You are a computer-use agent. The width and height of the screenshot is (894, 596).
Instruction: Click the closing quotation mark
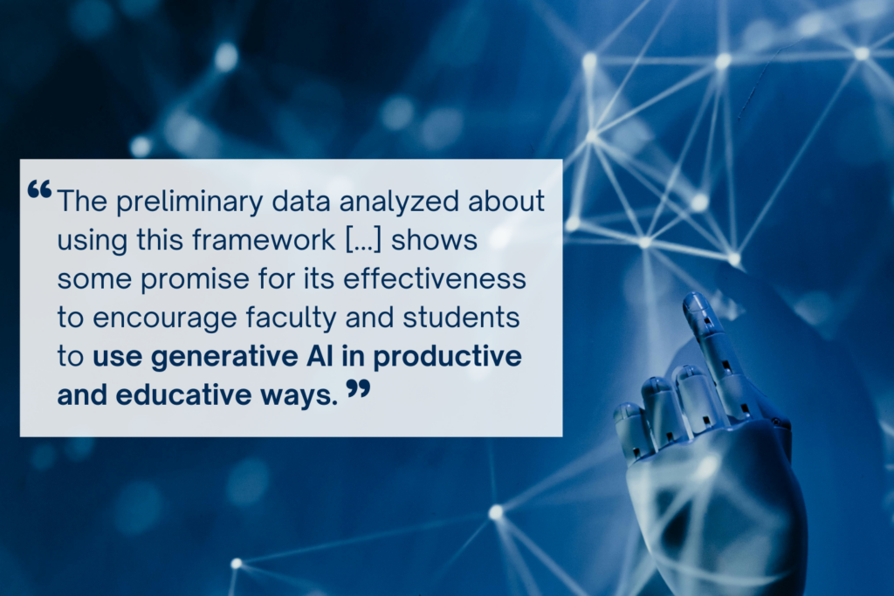(358, 389)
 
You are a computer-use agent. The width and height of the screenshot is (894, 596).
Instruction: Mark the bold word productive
(455, 358)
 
